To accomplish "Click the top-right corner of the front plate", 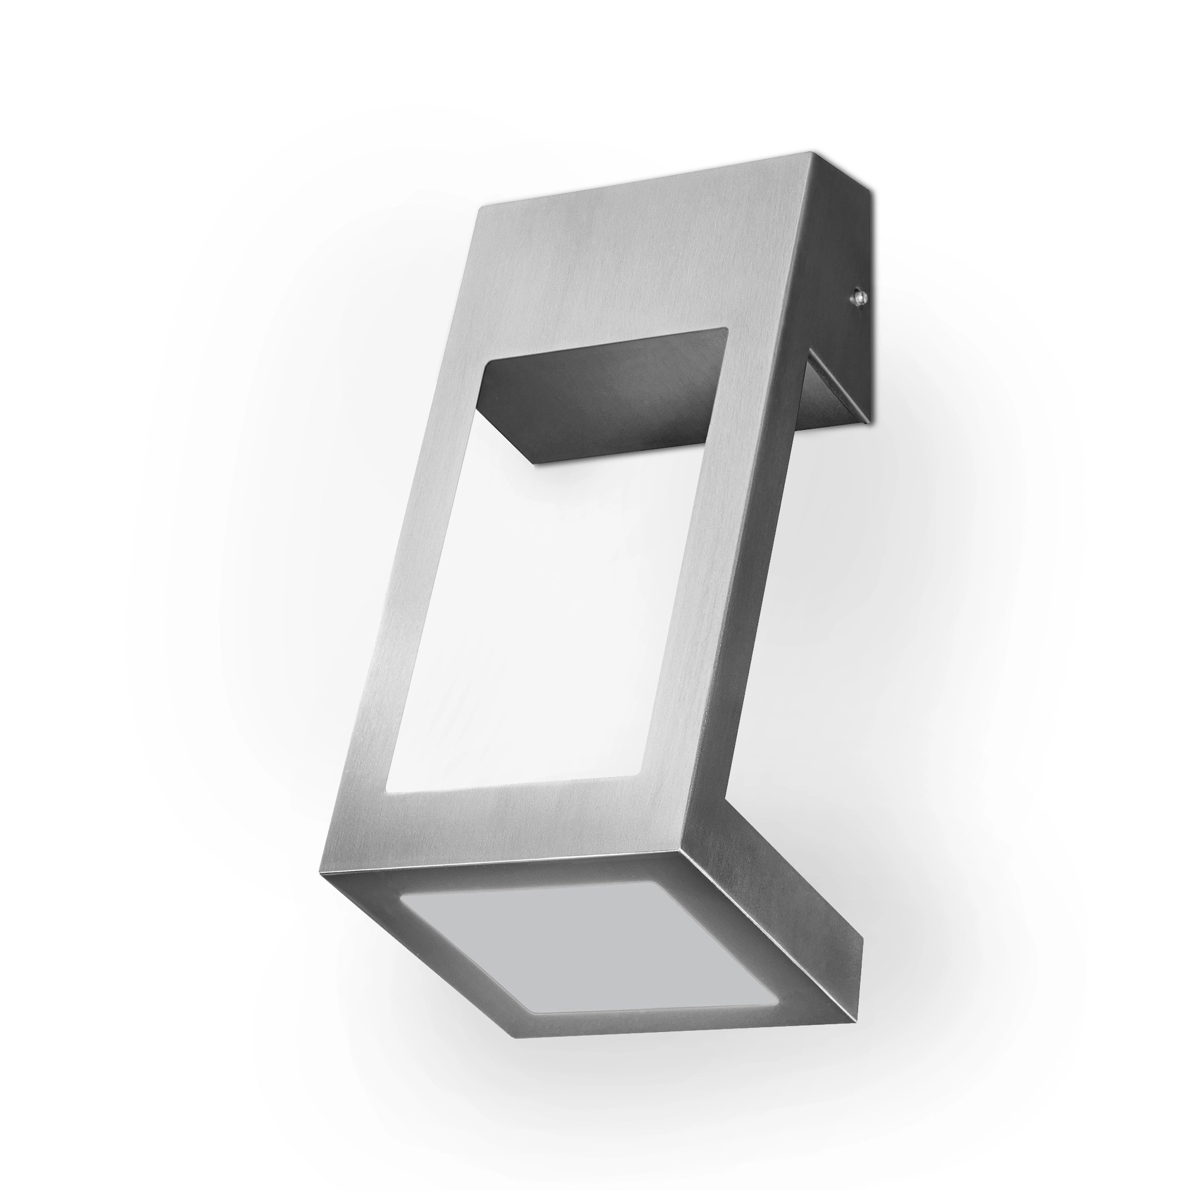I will (x=810, y=152).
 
